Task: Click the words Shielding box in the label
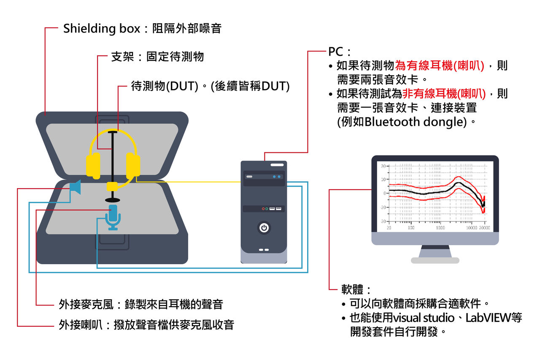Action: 101,29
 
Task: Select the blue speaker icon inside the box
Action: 75,187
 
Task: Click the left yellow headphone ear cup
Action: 93,166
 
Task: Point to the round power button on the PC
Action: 264,228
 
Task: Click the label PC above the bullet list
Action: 336,51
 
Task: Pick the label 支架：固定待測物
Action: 157,57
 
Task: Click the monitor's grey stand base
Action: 435,260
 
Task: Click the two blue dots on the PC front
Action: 277,176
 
